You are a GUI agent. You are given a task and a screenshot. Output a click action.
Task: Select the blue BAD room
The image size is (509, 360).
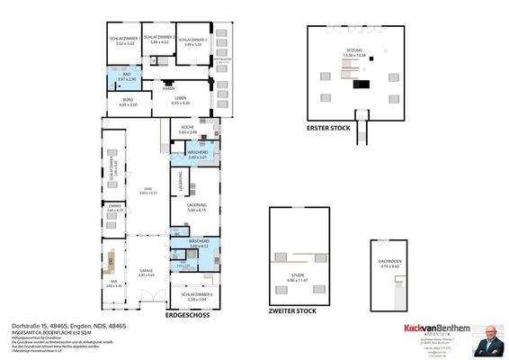tap(127, 78)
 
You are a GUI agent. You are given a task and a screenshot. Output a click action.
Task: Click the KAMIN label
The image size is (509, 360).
tap(168, 89)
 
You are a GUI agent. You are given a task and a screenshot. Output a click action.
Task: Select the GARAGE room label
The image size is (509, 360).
tap(147, 272)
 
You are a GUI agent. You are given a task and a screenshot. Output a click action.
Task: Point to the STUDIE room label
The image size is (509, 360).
tap(298, 280)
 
